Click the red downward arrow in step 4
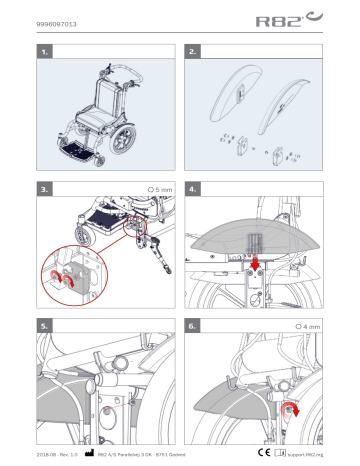click(255, 262)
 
